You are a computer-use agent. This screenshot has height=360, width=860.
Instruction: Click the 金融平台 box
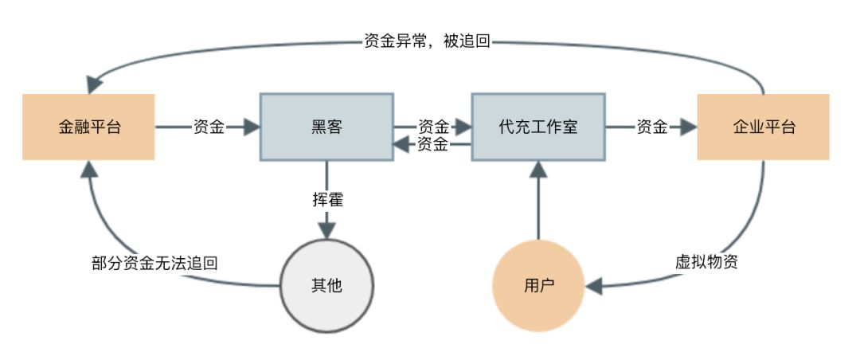[88, 127]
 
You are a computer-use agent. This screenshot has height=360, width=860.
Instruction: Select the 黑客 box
[326, 127]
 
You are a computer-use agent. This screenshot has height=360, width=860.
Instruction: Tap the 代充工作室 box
[537, 127]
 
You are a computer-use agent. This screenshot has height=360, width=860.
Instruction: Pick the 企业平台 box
[763, 127]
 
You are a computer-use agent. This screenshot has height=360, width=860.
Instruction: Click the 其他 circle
[326, 284]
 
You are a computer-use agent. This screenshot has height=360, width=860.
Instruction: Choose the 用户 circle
[538, 285]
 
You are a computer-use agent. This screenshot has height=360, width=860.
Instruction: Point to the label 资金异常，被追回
[427, 41]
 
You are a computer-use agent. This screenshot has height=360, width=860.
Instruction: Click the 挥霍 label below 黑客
[327, 199]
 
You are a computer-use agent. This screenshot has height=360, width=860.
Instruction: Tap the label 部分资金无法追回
[155, 262]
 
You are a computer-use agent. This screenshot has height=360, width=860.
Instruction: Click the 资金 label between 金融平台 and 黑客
[208, 127]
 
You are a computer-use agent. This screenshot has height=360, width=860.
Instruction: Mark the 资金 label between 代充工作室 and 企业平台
[651, 127]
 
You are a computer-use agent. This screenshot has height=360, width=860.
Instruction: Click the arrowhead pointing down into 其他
[326, 229]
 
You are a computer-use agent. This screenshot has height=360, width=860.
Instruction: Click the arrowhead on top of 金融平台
[95, 82]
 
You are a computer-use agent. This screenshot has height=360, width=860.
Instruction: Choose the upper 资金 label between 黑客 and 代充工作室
[433, 127]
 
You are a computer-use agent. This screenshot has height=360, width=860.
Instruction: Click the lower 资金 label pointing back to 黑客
[432, 144]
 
